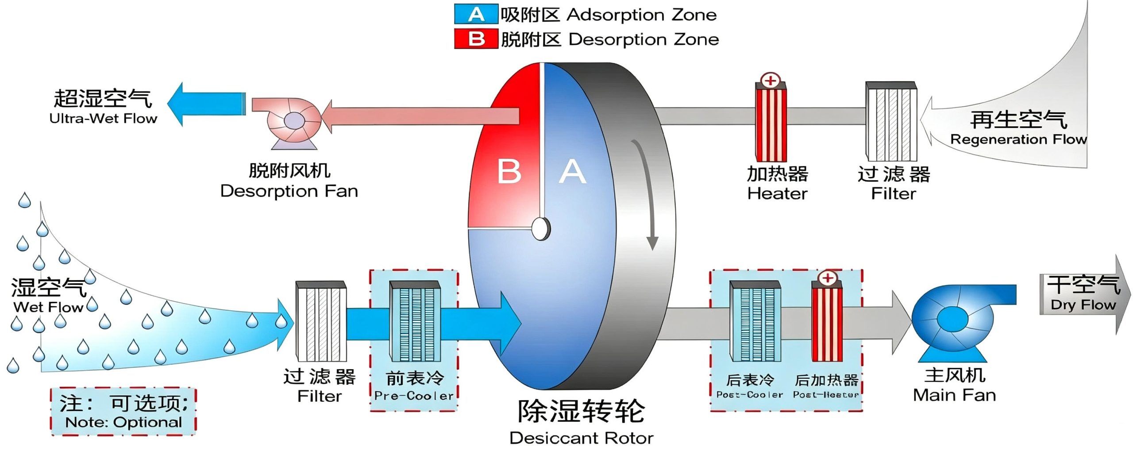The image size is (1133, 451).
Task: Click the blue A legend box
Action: pos(476,14)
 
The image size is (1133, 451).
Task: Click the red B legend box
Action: pos(476,39)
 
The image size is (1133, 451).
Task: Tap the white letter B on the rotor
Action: pos(509,171)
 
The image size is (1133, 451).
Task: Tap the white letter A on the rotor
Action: pos(572,171)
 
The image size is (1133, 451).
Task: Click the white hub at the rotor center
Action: pos(540,229)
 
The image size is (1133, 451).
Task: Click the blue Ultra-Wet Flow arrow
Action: pos(206,104)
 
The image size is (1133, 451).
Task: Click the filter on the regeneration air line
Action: pos(891,121)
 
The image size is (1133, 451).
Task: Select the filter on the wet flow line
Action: pos(321,321)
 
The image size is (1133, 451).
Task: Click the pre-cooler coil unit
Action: pos(415,322)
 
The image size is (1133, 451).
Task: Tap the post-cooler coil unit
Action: pos(755,322)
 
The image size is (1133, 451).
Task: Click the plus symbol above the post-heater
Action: pos(827,278)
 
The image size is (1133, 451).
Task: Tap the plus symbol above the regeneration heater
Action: pos(771,81)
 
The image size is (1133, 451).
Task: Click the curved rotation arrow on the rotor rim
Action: pos(647,195)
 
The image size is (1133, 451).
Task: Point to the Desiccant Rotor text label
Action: pos(581,438)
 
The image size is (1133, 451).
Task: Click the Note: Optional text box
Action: pos(123,412)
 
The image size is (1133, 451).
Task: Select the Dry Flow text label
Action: pos(1083,305)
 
